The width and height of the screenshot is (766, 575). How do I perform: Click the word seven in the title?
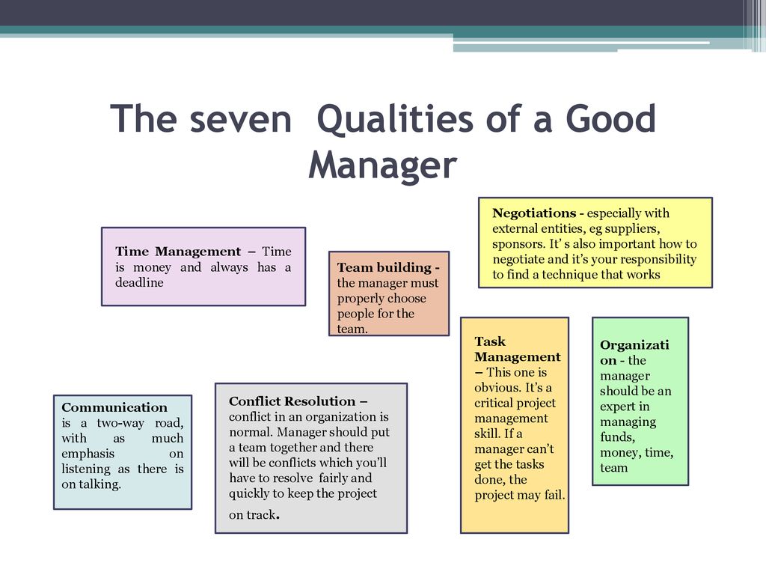coord(240,119)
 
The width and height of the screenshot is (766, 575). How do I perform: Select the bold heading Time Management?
coord(178,252)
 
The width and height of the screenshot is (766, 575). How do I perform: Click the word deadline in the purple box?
coord(139,282)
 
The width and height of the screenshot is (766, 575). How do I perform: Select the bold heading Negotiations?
coord(534,213)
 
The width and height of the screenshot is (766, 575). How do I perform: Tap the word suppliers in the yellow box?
coord(633,229)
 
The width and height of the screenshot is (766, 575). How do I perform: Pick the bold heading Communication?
coord(114,408)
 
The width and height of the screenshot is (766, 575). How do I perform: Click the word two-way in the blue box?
coord(120,424)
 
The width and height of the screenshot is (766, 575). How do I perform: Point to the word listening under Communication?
coord(86,469)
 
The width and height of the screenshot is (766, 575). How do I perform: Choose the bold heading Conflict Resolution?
coord(292,401)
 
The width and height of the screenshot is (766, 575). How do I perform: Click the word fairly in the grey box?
coord(334,478)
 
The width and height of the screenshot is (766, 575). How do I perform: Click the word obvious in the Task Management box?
coord(497,388)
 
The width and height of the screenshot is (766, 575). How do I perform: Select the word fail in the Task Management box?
coord(554,496)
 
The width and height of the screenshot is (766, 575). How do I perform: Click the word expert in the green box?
coord(617,407)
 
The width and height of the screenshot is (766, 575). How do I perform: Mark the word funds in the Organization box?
coord(617,437)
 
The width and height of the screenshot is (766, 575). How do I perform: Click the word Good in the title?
coord(610,119)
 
